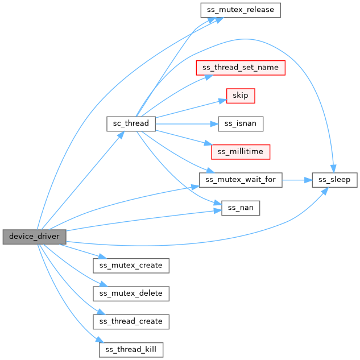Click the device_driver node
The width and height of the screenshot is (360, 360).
34,236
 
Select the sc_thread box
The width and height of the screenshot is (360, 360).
130,123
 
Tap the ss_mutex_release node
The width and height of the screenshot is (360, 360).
240,10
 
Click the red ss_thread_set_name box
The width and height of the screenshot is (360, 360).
240,67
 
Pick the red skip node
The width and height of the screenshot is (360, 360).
240,95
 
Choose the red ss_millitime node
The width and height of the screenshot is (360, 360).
240,152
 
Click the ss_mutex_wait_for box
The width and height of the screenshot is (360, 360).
240,180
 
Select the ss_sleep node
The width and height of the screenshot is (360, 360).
334,180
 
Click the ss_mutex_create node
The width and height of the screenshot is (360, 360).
131,265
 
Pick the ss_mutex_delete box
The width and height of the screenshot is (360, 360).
131,293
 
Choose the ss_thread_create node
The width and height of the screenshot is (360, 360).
131,321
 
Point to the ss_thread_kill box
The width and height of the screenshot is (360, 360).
131,349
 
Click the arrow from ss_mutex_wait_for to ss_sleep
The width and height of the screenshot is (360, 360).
296,180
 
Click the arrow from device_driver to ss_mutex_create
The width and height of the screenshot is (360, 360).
80,251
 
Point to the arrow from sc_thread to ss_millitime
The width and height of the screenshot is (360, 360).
182,137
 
